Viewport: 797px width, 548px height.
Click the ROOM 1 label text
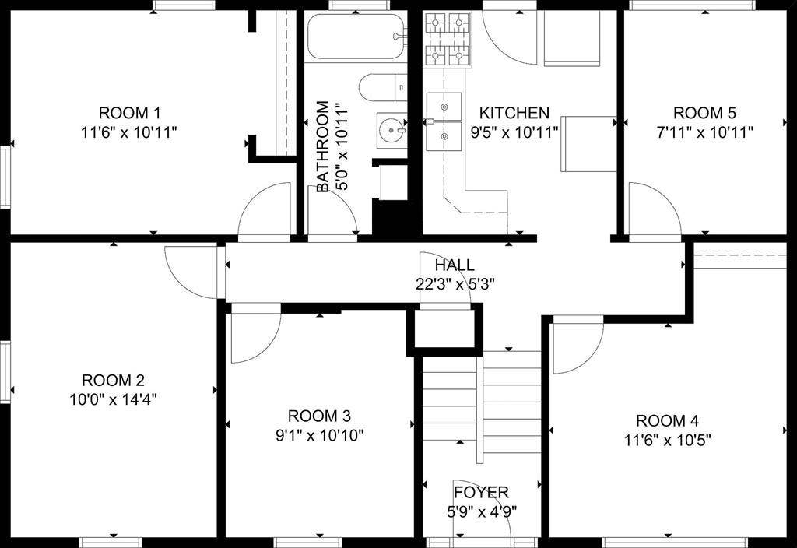[129, 111]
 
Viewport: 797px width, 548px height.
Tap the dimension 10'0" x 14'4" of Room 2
[114, 399]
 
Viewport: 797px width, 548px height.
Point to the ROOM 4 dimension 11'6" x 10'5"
[666, 439]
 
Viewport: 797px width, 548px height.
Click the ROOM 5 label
[704, 112]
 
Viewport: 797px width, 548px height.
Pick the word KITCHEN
[514, 113]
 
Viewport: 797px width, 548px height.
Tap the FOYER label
[481, 492]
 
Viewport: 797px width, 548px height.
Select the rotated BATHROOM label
[323, 146]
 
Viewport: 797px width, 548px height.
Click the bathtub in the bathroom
[356, 36]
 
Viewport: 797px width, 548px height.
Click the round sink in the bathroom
[391, 131]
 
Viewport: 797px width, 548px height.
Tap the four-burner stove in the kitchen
[448, 39]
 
